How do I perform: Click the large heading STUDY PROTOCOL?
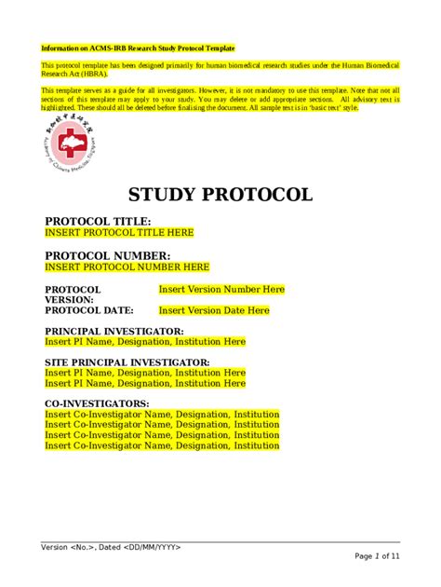pyautogui.click(x=220, y=195)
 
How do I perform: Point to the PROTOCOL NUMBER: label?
pyautogui.click(x=108, y=255)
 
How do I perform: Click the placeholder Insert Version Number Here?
pyautogui.click(x=221, y=290)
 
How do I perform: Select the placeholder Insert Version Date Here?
pyautogui.click(x=214, y=310)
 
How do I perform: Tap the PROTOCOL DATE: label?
pyautogui.click(x=89, y=310)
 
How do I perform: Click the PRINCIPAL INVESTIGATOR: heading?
pyautogui.click(x=114, y=331)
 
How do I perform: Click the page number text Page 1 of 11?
pyautogui.click(x=377, y=556)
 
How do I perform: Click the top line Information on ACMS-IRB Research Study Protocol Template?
pyautogui.click(x=138, y=48)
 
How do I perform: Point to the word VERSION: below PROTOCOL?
pyautogui.click(x=69, y=300)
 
